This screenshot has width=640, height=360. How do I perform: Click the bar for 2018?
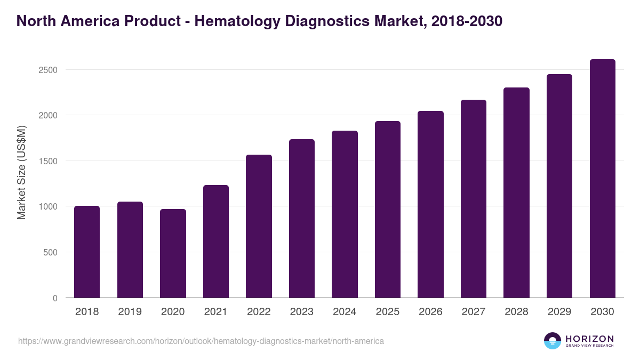pyautogui.click(x=87, y=252)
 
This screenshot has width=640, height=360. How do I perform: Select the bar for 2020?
pyautogui.click(x=173, y=253)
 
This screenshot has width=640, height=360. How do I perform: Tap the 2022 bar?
pyautogui.click(x=259, y=226)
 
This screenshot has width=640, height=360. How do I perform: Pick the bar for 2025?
pyautogui.click(x=388, y=209)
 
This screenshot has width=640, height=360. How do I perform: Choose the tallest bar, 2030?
pyautogui.click(x=602, y=178)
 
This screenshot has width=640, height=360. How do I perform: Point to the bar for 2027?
pyautogui.click(x=474, y=198)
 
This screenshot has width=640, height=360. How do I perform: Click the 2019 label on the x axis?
pyautogui.click(x=130, y=312)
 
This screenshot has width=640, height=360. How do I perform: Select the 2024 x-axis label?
pyautogui.click(x=345, y=312)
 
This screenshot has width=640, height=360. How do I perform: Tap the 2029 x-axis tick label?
pyautogui.click(x=559, y=312)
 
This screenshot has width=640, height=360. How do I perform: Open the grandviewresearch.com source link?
pyautogui.click(x=201, y=341)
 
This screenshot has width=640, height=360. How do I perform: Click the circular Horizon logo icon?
pyautogui.click(x=553, y=341)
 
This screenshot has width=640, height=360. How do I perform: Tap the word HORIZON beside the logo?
pyautogui.click(x=589, y=338)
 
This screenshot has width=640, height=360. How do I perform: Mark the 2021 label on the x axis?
pyautogui.click(x=216, y=312)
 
